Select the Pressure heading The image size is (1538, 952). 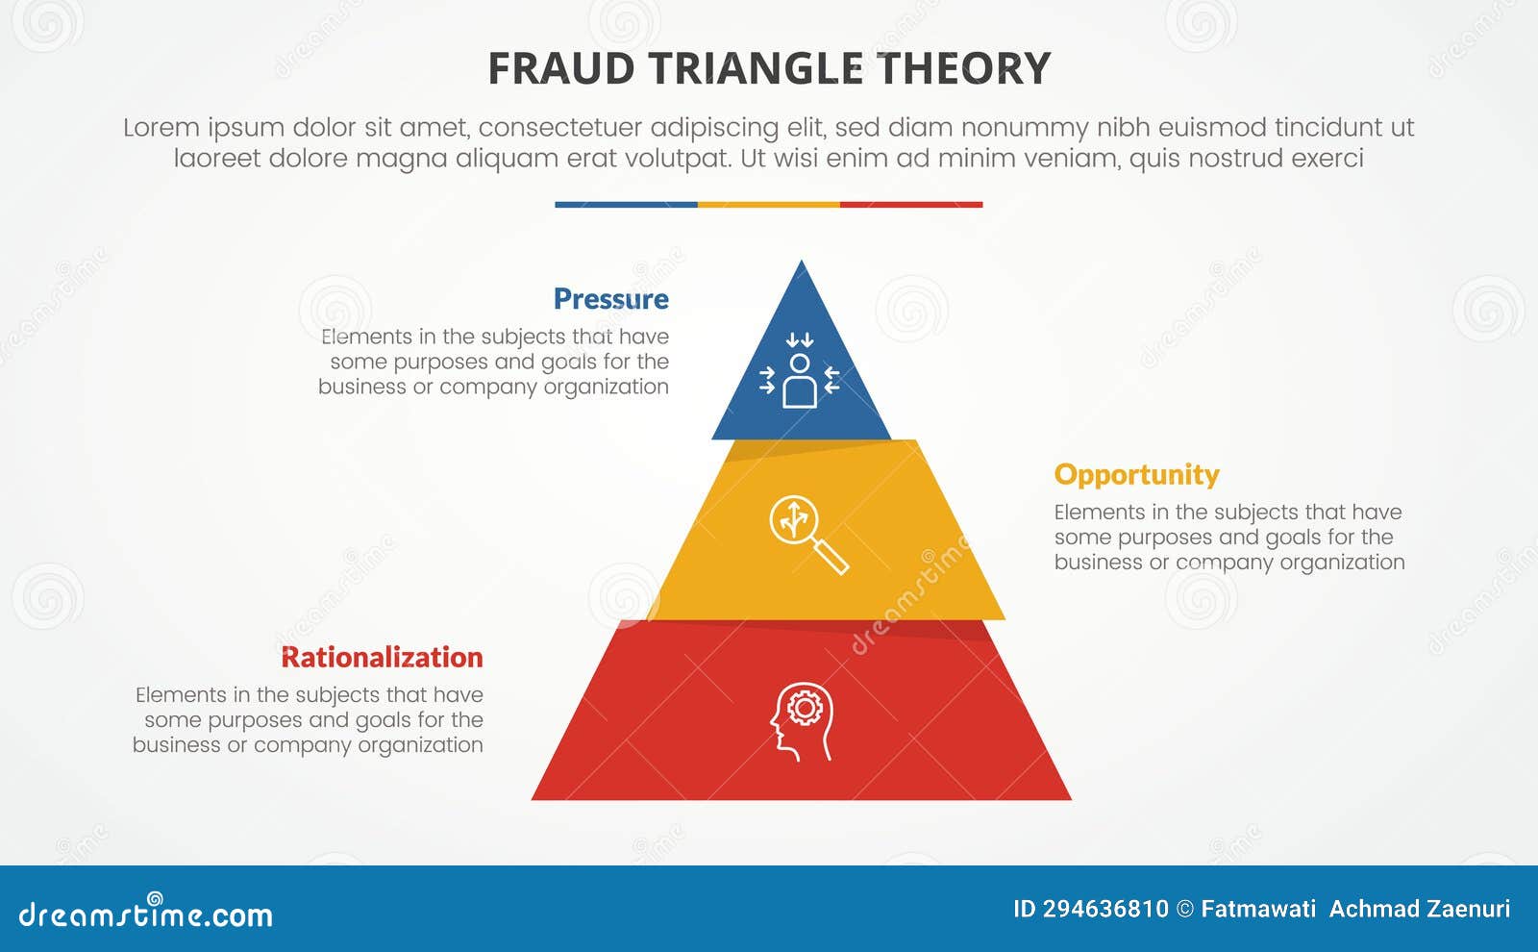(610, 299)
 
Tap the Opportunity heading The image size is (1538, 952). (1136, 475)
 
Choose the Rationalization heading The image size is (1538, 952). (382, 658)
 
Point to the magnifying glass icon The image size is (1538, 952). (808, 535)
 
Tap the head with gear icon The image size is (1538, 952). (801, 721)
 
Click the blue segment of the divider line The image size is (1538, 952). (626, 205)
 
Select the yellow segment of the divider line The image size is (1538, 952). (768, 205)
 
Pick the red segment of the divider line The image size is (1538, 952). (911, 205)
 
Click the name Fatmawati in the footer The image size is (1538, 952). (1258, 910)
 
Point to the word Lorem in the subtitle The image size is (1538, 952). (161, 128)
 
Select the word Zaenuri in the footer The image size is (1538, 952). (1470, 910)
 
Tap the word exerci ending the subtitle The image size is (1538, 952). (1327, 159)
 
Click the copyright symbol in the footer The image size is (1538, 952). (1185, 910)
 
